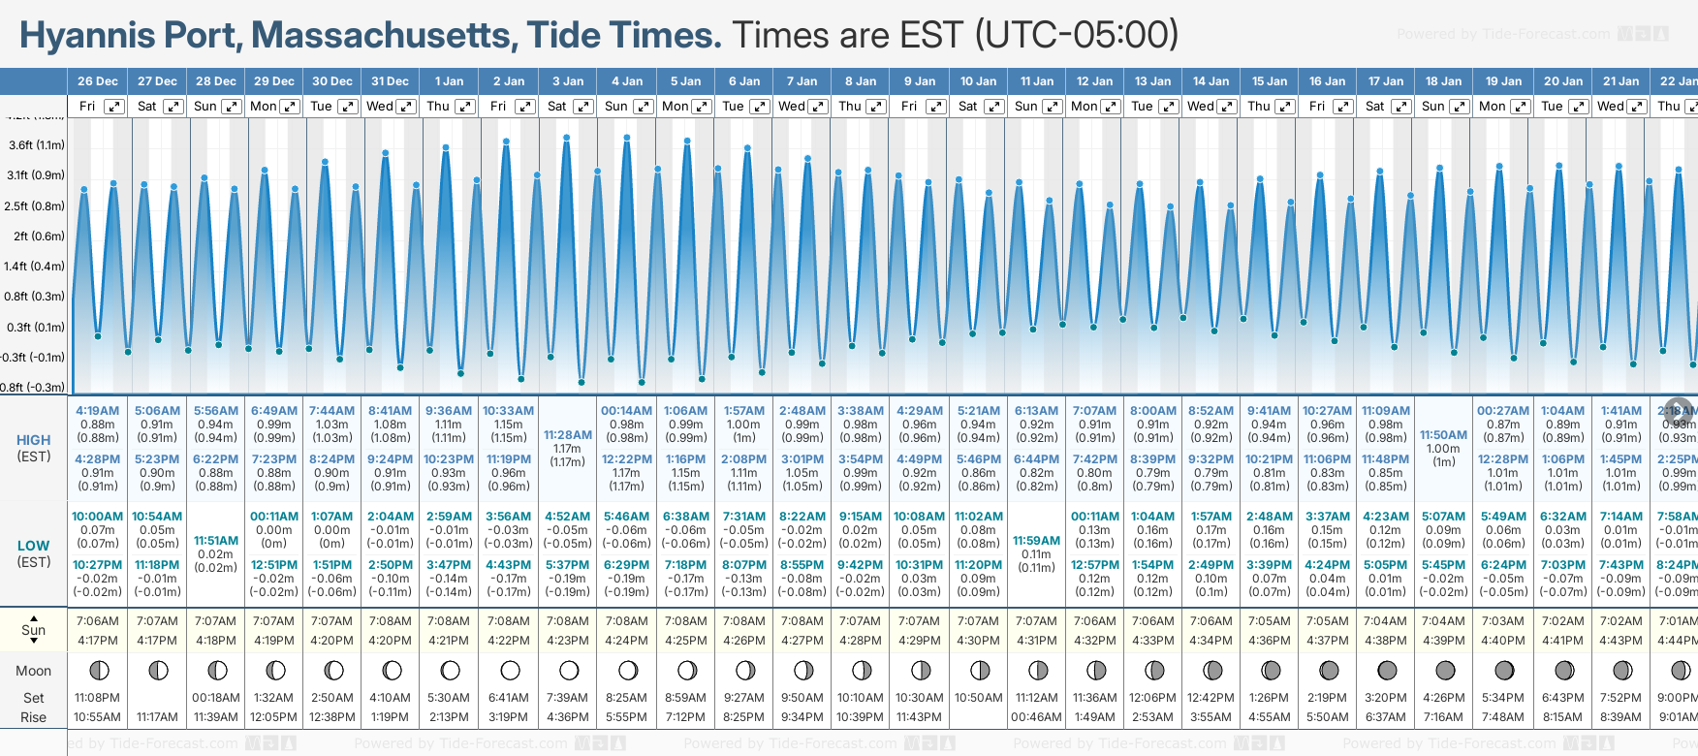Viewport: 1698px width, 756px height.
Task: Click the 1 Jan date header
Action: point(449,81)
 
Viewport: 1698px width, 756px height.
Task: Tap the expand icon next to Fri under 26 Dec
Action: point(114,107)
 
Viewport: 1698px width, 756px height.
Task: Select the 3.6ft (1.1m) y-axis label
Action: point(36,145)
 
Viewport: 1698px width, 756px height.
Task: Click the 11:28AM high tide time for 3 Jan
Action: point(567,435)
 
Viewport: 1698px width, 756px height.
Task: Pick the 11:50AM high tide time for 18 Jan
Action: point(1443,435)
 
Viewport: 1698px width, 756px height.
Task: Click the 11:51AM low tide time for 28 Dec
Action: point(215,541)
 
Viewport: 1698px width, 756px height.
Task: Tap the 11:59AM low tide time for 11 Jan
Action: point(1036,541)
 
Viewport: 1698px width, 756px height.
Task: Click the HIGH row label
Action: point(34,440)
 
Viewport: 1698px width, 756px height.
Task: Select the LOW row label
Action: point(34,546)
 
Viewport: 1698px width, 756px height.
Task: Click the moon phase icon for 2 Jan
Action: point(510,671)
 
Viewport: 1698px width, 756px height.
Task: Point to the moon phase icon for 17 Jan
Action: point(1387,671)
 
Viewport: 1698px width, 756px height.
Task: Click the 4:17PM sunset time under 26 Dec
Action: point(97,641)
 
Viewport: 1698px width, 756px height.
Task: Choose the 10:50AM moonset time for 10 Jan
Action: point(978,698)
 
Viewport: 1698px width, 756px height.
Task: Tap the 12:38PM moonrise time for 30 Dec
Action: point(331,717)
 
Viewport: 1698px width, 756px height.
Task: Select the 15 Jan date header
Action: point(1270,81)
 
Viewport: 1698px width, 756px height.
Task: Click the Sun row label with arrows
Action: point(34,630)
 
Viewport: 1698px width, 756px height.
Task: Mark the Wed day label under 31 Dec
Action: point(379,107)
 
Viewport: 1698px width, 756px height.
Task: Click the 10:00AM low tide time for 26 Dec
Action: point(97,517)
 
